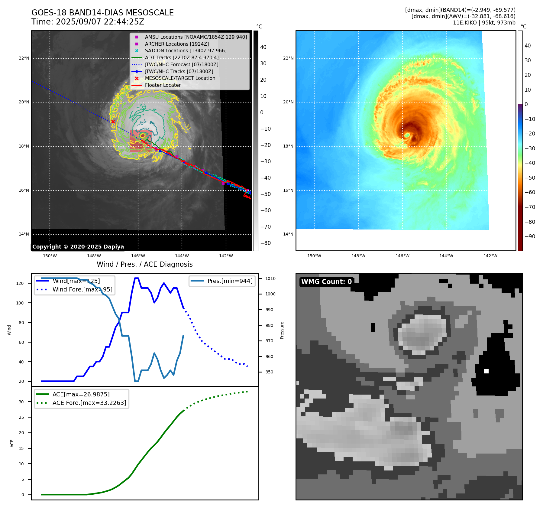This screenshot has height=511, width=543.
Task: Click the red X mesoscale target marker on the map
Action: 113,122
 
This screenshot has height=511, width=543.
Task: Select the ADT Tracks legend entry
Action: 182,57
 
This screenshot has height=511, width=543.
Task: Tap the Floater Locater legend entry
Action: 163,85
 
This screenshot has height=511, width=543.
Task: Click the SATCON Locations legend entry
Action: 186,50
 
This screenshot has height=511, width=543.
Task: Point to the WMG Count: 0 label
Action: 326,282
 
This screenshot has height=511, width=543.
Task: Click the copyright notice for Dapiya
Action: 78,246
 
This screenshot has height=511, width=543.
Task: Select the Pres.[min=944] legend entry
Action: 230,281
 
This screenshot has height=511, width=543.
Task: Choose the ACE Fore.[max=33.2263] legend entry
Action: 89,403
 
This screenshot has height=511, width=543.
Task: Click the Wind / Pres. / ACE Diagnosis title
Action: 144,264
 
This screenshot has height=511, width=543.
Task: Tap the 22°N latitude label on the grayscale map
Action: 24,58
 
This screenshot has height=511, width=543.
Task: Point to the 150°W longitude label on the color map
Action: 314,256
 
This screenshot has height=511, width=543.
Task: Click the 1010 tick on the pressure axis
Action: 270,278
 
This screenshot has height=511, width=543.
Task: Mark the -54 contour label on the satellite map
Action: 141,106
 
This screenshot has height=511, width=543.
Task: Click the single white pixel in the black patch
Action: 486,371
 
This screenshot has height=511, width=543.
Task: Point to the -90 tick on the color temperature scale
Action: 530,236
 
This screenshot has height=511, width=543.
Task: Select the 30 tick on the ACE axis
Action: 21,402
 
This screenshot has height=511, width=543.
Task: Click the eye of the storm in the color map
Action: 407,135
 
